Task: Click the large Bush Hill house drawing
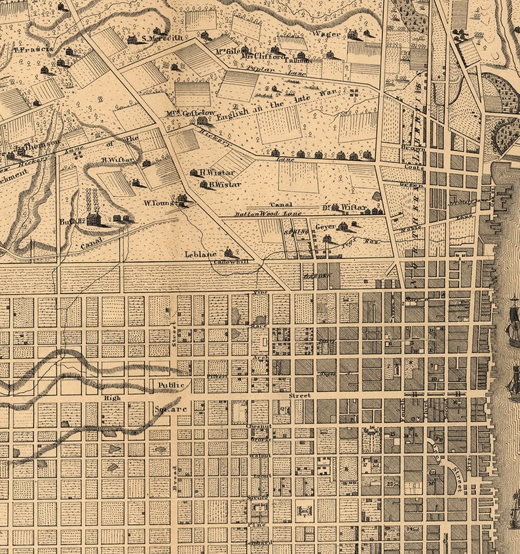[94, 219]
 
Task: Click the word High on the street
[111, 398]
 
